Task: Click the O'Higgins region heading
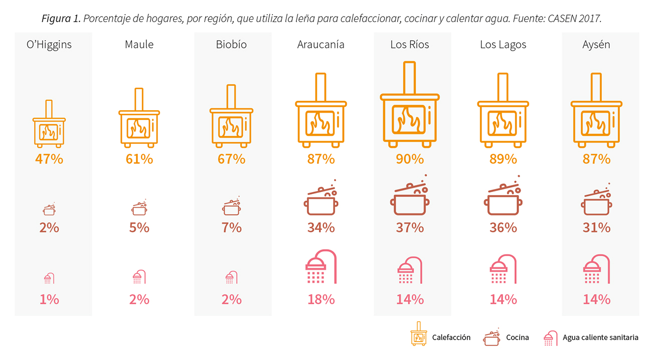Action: point(49,45)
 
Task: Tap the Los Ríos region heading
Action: point(410,45)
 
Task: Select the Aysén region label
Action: point(596,45)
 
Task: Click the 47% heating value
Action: point(49,159)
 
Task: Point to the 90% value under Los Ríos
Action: point(410,159)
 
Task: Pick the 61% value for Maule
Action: point(139,159)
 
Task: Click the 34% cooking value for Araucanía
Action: point(321,228)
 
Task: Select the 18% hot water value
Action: point(321,300)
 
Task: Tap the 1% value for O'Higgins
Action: point(49,300)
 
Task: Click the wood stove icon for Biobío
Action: point(231,119)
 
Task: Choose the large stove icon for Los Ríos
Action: point(410,108)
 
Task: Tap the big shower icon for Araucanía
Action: point(321,267)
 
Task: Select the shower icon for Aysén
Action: point(596,271)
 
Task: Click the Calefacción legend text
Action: point(451,337)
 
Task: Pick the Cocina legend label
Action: point(517,337)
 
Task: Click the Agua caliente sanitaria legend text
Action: point(600,337)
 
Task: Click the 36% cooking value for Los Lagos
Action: point(503,228)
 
